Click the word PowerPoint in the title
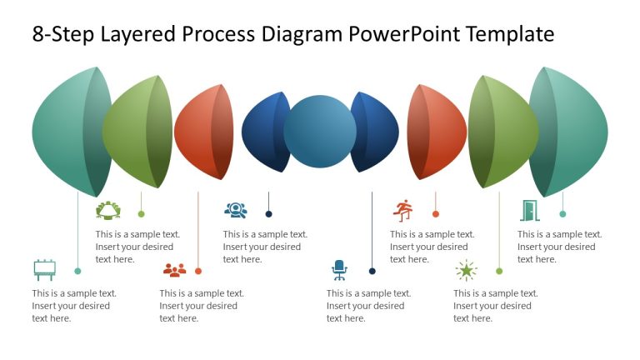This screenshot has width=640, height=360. [x=403, y=35]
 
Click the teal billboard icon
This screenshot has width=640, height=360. [x=44, y=270]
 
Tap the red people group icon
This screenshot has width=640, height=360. [x=174, y=270]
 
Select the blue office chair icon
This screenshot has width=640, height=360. [x=339, y=269]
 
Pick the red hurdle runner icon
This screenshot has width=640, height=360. [x=403, y=210]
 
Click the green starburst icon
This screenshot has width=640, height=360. [x=466, y=270]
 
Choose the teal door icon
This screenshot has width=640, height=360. [x=529, y=210]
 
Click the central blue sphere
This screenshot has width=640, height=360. [x=320, y=132]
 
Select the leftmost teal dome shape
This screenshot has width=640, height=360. [x=67, y=132]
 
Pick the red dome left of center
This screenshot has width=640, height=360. [x=200, y=132]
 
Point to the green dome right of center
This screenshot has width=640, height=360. [x=500, y=132]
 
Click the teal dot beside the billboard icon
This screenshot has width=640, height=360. [x=77, y=271]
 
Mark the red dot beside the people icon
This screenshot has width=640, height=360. [x=198, y=271]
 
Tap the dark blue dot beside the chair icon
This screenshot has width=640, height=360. [x=372, y=271]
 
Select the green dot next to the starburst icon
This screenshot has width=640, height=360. [x=499, y=271]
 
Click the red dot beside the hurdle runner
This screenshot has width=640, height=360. [x=436, y=214]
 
